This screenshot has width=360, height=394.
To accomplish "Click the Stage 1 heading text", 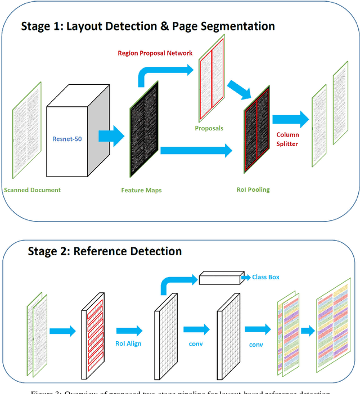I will coord(148,26).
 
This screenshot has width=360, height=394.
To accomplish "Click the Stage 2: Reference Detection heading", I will coord(105,251).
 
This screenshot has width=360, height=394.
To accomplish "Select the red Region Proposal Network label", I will coord(155,53).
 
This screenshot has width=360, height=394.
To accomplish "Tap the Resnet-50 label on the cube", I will coord(66,138).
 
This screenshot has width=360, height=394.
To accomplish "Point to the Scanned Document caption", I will coord(32,190).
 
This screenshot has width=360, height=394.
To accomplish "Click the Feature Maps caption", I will coord(141,191).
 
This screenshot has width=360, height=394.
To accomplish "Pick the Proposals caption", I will coord(209,128).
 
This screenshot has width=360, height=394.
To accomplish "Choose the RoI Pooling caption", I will coord(253,190).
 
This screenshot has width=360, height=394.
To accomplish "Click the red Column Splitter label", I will coord(287,139).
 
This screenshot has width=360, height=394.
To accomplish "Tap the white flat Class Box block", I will coord(219,279).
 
